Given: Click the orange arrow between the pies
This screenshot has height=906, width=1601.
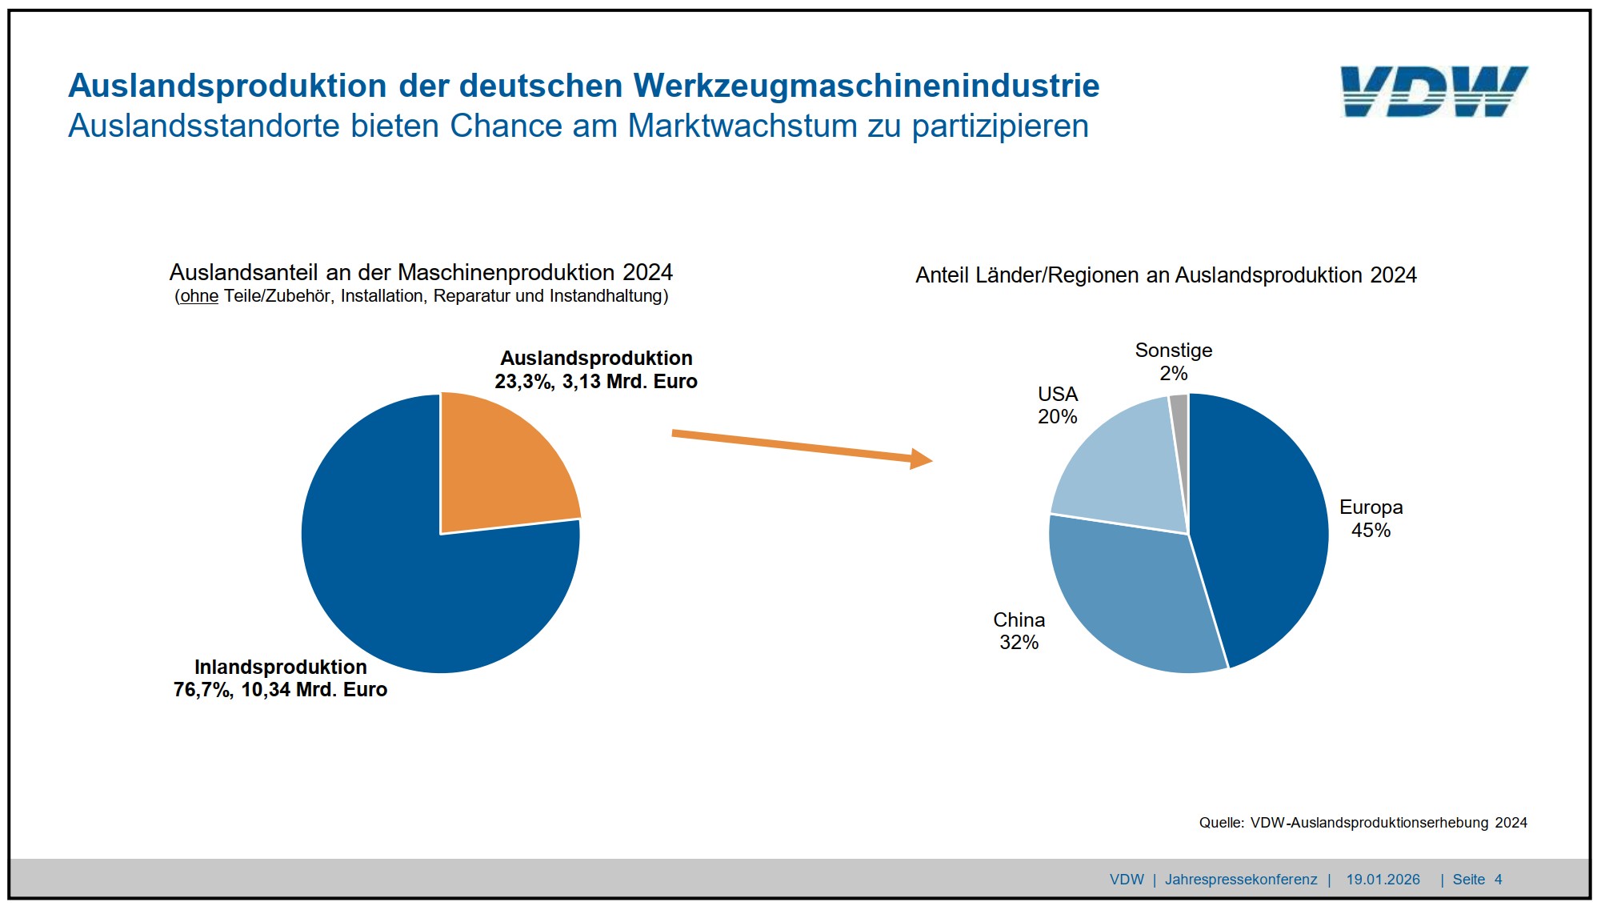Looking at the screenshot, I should click(x=800, y=446).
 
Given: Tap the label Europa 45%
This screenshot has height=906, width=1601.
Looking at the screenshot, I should click(x=1371, y=519).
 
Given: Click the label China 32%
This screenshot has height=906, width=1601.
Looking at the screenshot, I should click(x=1019, y=631).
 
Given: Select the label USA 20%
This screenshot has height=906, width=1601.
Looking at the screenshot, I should click(x=1057, y=405).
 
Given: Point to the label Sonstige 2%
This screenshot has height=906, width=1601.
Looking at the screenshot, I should click(x=1173, y=362).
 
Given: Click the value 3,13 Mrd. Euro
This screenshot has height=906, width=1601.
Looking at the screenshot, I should click(x=630, y=382).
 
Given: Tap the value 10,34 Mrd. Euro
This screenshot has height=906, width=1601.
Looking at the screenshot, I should click(x=314, y=690).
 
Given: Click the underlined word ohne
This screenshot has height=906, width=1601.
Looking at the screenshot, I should click(x=199, y=296).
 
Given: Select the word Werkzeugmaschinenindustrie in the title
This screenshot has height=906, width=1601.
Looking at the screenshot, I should click(x=867, y=86).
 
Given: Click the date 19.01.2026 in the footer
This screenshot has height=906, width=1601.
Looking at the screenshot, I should click(x=1383, y=880).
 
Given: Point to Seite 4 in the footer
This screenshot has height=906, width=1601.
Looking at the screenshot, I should click(x=1477, y=880).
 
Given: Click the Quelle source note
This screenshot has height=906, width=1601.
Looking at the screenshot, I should click(x=1363, y=823).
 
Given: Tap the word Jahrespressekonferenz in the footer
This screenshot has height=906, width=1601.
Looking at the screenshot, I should click(x=1240, y=880).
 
